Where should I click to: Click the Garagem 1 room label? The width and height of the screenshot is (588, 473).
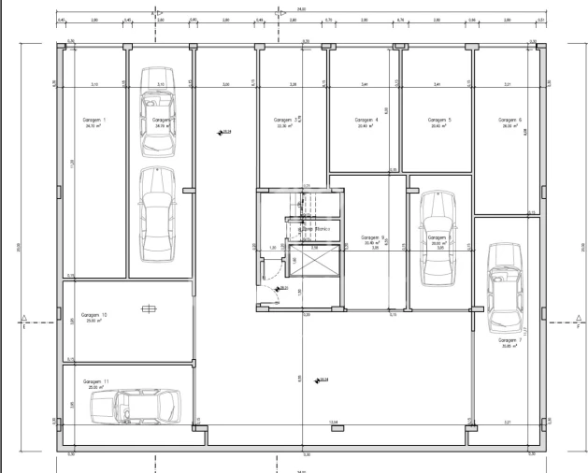[93, 121]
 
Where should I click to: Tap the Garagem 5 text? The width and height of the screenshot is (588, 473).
[439, 121]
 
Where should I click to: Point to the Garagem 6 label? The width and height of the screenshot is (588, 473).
[509, 121]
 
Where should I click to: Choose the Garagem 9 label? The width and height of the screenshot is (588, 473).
[373, 237]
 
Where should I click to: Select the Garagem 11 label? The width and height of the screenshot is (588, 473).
[95, 382]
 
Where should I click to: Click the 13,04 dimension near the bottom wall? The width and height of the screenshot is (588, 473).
[333, 423]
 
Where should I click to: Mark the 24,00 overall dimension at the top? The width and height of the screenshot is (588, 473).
[301, 9]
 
